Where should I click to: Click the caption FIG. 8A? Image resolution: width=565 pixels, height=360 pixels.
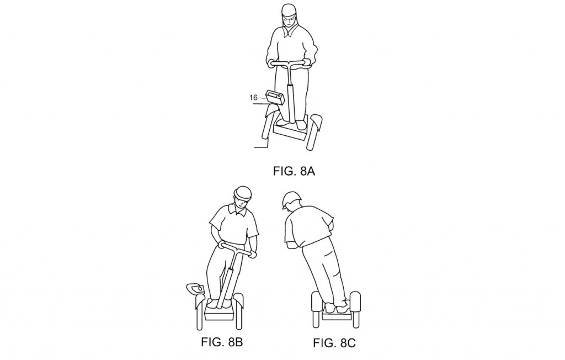pos(294,171)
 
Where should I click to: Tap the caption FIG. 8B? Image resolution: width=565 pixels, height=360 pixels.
pos(222,341)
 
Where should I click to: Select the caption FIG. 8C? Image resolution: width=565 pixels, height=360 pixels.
pos(334,343)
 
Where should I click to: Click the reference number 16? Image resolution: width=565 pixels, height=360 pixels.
pos(253,97)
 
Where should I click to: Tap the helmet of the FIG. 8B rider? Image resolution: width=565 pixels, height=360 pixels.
pos(243,193)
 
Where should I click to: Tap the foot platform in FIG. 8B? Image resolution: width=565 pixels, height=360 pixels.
pos(220,310)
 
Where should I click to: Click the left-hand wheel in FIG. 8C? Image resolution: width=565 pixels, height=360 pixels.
pos(316,310)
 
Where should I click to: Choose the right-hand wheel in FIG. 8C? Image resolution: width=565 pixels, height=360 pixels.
pos(355,310)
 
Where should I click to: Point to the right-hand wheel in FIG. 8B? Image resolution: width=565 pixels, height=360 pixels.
pos(238,311)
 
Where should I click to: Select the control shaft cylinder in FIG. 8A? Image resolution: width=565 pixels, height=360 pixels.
pos(290,103)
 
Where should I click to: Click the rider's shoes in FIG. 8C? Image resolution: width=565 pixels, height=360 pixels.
pos(337,307)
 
